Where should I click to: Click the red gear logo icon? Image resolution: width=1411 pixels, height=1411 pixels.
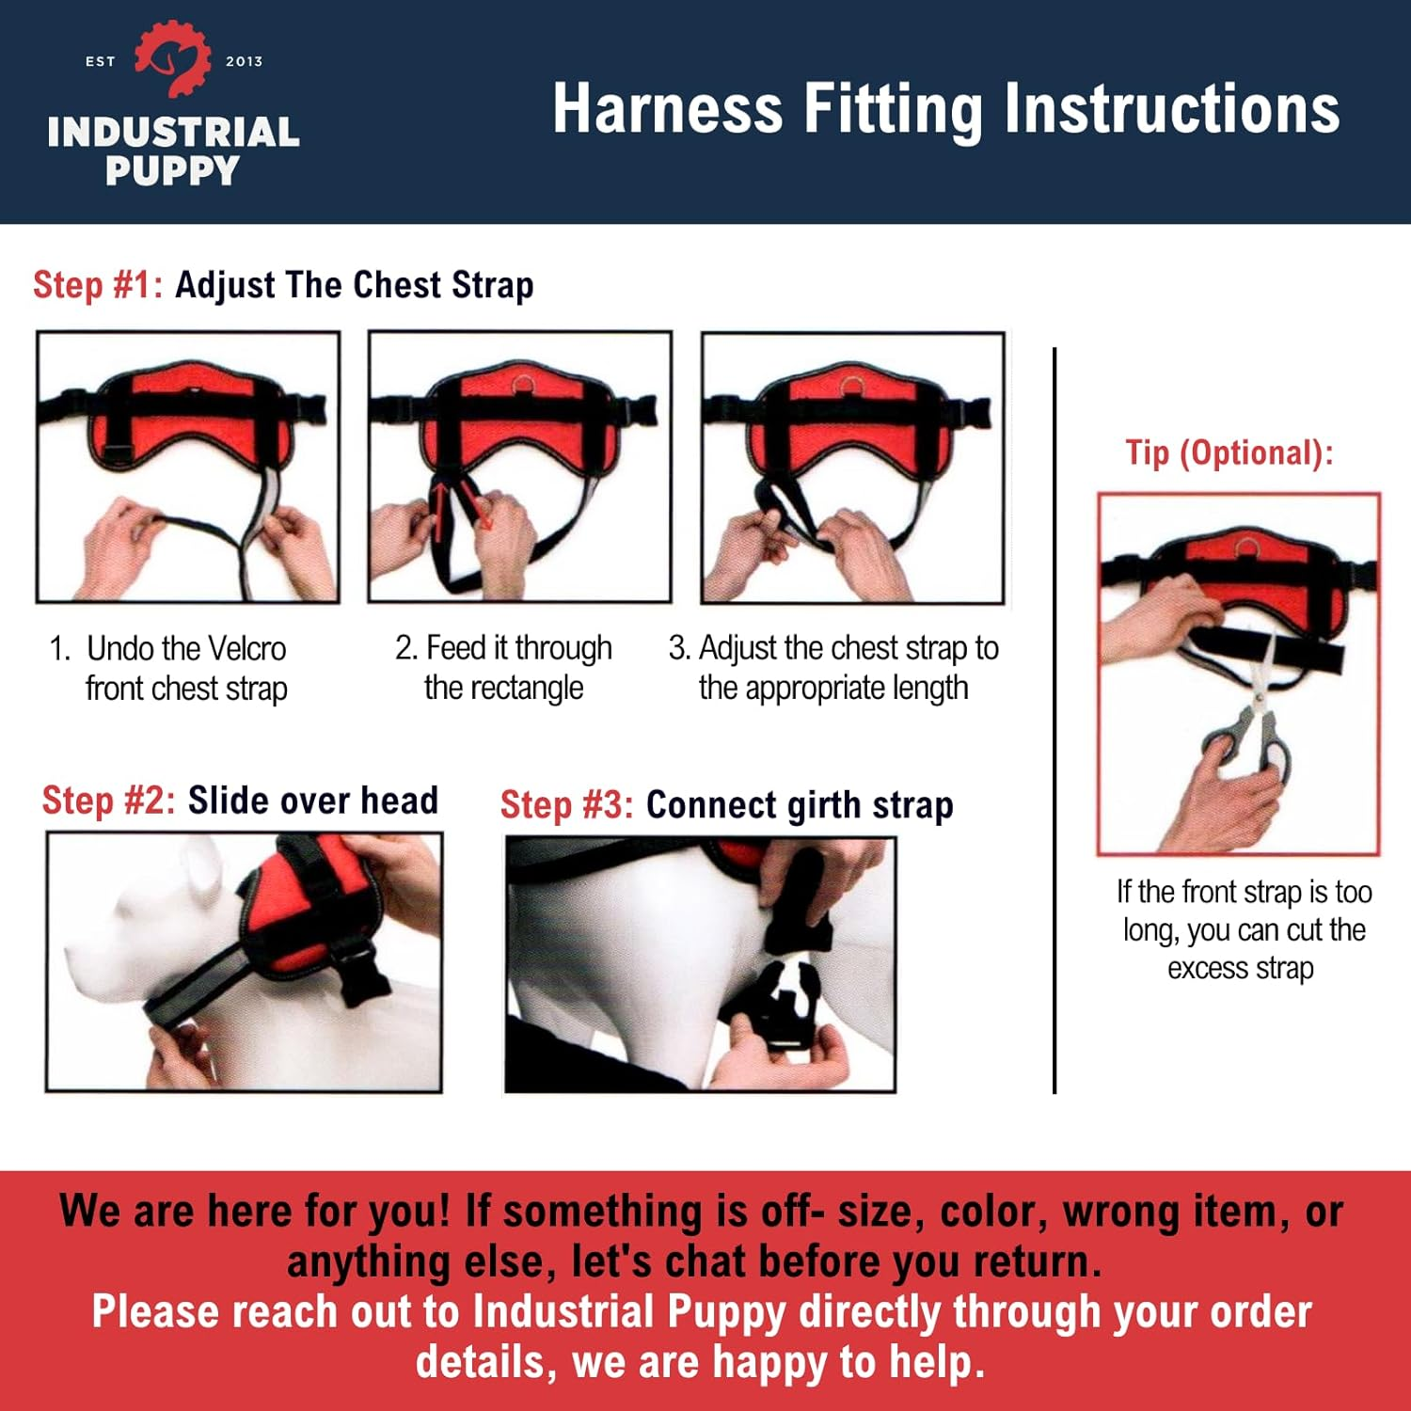coord(173,59)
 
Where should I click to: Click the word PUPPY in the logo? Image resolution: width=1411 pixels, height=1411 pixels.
coord(173,171)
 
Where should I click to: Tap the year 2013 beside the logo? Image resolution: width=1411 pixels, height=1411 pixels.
coord(244,62)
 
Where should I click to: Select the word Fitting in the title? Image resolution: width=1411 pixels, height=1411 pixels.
coord(893,109)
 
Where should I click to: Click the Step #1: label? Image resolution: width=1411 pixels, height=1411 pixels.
coord(98,285)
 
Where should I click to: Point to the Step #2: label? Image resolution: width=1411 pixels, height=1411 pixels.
coord(108,801)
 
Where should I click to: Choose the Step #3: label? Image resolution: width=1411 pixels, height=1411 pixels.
coord(566,805)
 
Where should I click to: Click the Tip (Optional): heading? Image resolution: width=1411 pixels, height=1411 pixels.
coord(1229,453)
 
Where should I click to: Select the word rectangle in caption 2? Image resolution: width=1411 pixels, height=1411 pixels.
coord(503,689)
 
